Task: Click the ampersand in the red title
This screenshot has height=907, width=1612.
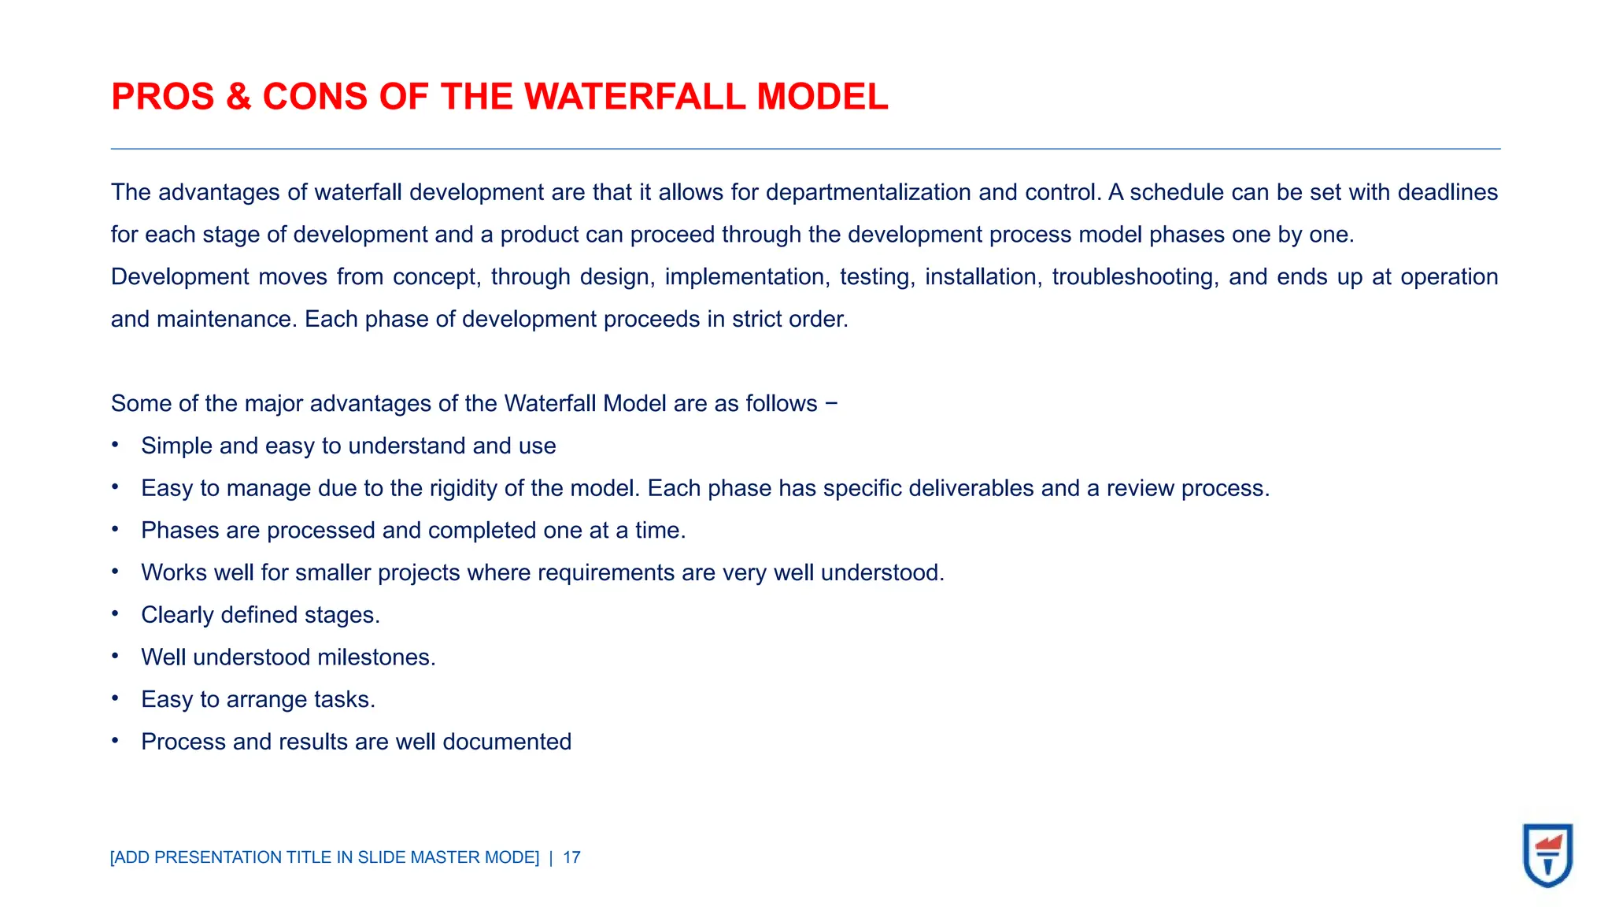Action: point(238,97)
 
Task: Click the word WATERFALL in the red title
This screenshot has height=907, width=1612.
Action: point(634,97)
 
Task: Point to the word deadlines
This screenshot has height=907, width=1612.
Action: point(1447,192)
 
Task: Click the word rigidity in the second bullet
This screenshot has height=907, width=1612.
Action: point(463,488)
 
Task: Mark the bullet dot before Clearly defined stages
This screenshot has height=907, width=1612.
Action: point(115,613)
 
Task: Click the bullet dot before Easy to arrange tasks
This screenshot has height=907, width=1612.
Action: point(115,698)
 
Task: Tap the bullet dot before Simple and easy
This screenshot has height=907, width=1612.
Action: point(115,444)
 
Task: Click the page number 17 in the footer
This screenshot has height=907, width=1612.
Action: point(572,857)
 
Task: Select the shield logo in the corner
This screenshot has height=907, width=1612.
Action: point(1547,855)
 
